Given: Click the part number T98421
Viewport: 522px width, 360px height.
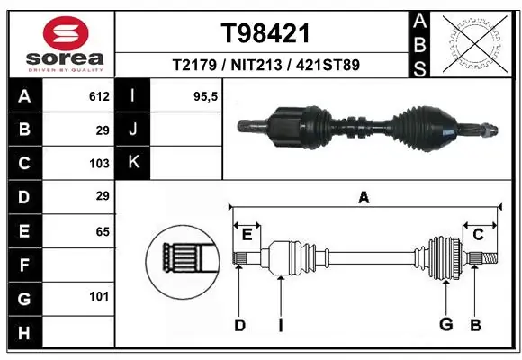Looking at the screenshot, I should [265, 33].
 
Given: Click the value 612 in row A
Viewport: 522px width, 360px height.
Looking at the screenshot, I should [99, 96].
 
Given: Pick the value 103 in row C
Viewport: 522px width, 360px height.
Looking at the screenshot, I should [99, 164].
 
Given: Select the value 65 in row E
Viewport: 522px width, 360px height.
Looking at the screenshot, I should [102, 231].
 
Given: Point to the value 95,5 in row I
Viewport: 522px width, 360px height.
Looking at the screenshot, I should [207, 96].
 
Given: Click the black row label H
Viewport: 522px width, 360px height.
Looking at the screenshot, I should [23, 332].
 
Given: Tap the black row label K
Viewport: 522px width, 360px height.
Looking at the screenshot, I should [133, 163].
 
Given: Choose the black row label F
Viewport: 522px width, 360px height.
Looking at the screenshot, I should [23, 265].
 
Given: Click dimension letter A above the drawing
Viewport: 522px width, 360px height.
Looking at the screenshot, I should [364, 197].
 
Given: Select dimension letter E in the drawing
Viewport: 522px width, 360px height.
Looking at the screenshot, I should [247, 235].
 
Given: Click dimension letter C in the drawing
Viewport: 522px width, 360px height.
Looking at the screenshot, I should [478, 235].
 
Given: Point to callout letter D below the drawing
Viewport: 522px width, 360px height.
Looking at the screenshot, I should [239, 325].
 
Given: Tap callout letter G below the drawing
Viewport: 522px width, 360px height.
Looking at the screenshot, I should [445, 325].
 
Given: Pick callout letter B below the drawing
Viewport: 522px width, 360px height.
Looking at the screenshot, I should [475, 325].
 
